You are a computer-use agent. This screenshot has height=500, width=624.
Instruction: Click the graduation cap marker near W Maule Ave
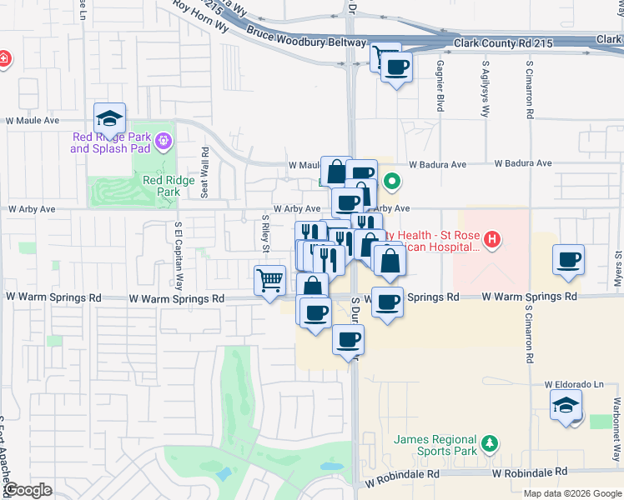(109, 119)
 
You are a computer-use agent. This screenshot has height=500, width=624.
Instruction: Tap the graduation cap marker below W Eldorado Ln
(566, 407)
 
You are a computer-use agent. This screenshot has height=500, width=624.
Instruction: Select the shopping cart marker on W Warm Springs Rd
(270, 282)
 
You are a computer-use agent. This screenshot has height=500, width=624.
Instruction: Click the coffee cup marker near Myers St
(568, 260)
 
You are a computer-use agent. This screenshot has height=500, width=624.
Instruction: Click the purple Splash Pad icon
(163, 142)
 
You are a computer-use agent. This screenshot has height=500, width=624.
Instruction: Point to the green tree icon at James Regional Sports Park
(491, 441)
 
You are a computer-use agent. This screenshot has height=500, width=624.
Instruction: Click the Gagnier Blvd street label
(440, 85)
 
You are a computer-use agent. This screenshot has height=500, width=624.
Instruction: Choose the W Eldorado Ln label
(574, 384)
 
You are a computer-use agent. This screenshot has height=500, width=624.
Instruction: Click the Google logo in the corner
(28, 490)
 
